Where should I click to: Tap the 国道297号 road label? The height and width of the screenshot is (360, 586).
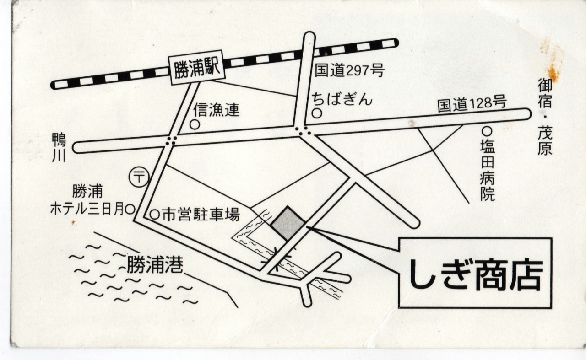pyautogui.click(x=349, y=70)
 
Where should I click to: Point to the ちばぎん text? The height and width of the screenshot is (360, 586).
pyautogui.click(x=342, y=99)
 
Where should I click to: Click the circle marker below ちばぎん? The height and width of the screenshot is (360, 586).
pyautogui.click(x=317, y=113)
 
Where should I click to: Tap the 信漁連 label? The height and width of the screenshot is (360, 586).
pyautogui.click(x=216, y=110)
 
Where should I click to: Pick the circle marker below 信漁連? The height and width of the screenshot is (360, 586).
pyautogui.click(x=195, y=125)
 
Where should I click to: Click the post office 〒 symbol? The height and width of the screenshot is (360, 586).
pyautogui.click(x=139, y=177)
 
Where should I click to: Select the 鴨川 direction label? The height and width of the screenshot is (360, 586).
pyautogui.click(x=59, y=148)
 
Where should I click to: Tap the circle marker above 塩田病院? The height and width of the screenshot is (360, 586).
pyautogui.click(x=487, y=131)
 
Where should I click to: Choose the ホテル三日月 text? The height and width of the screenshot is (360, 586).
pyautogui.click(x=87, y=209)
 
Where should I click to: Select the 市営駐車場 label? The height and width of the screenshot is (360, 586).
pyautogui.click(x=201, y=215)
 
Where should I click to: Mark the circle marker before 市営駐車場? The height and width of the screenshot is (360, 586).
pyautogui.click(x=154, y=215)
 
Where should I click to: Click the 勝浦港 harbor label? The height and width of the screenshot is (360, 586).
pyautogui.click(x=155, y=266)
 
